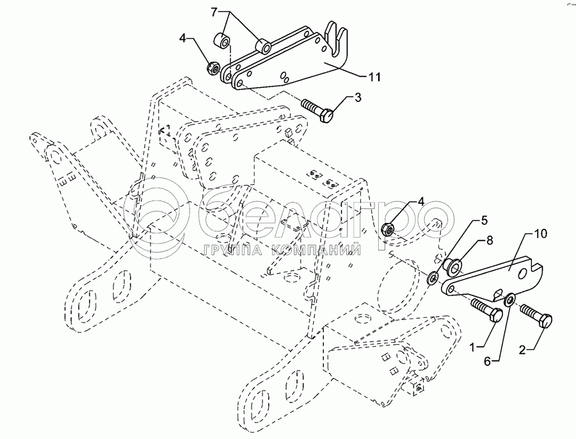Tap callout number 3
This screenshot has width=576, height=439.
[358, 97]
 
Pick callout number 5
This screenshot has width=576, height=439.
[484, 220]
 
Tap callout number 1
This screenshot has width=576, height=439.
[474, 347]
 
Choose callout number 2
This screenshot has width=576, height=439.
[524, 350]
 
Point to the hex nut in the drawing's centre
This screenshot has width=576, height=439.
[388, 228]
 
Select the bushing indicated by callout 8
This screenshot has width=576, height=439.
[455, 263]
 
